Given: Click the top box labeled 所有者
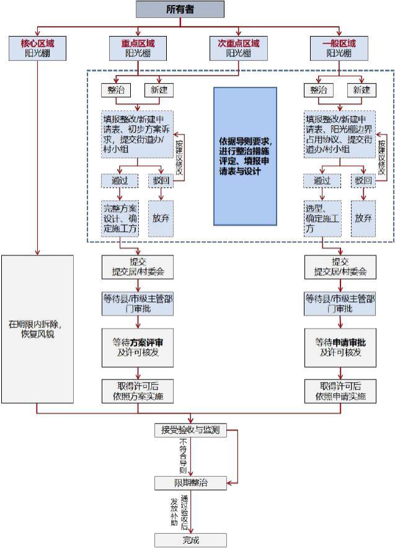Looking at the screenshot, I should pyautogui.click(x=179, y=9).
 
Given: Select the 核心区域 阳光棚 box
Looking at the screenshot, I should pyautogui.click(x=37, y=48).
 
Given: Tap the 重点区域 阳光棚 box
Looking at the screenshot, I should pyautogui.click(x=138, y=48).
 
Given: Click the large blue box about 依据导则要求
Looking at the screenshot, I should pyautogui.click(x=245, y=156).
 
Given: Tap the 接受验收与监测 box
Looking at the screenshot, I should pyautogui.click(x=190, y=430).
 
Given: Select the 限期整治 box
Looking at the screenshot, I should pyautogui.click(x=190, y=482).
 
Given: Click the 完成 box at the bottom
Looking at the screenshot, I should pyautogui.click(x=190, y=539).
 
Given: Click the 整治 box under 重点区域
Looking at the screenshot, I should pyautogui.click(x=115, y=90).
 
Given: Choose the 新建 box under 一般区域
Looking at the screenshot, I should pyautogui.click(x=362, y=90).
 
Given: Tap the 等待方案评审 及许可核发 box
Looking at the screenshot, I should pyautogui.click(x=138, y=347).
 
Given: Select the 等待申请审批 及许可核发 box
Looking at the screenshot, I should pyautogui.click(x=340, y=347).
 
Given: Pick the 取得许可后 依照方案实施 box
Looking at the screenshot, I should pyautogui.click(x=138, y=391).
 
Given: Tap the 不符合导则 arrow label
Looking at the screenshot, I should pyautogui.click(x=183, y=455).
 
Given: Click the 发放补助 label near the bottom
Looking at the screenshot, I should pyautogui.click(x=175, y=511).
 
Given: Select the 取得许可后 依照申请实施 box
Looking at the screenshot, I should pyautogui.click(x=340, y=391).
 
